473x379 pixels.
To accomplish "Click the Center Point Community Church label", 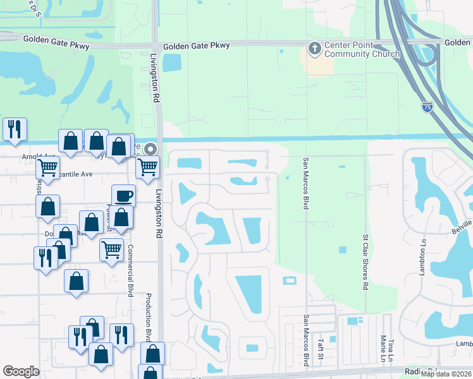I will tap(362, 50).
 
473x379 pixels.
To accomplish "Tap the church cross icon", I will tap(315, 48).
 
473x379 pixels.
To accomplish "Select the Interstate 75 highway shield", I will tap(427, 107).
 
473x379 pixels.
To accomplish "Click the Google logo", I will tap(21, 371).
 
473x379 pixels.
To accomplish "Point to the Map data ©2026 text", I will tap(446, 374).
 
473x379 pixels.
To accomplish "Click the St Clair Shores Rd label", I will tap(365, 262).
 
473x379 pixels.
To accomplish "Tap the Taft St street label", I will tap(321, 349).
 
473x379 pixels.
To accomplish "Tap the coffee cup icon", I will tap(123, 195).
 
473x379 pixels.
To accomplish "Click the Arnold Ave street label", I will tap(39, 155).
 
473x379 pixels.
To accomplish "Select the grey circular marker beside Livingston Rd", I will tap(150, 149).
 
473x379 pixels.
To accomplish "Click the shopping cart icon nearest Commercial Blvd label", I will tap(111, 249).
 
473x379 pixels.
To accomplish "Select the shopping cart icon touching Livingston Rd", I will tap(147, 167).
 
